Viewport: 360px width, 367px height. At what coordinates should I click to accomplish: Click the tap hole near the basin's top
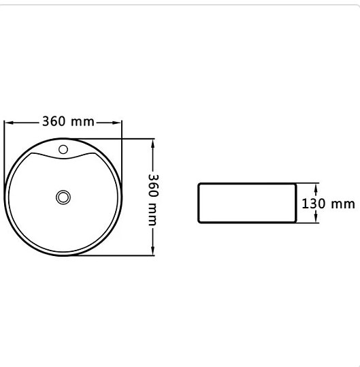(63, 149)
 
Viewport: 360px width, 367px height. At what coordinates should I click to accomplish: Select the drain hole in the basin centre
(63, 197)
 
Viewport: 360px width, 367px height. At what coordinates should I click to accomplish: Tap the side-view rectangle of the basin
(247, 203)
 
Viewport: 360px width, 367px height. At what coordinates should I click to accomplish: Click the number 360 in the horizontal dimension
(54, 122)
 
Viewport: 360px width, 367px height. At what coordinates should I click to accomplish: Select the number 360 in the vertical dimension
(153, 185)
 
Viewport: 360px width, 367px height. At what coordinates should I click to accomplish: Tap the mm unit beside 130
(342, 204)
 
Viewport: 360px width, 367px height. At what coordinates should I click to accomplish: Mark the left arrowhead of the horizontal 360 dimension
(8, 123)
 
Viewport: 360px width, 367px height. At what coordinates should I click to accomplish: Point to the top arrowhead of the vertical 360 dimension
(153, 143)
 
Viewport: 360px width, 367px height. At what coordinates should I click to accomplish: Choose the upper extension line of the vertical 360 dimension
(109, 139)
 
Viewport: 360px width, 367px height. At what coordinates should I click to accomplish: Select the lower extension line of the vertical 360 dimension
(109, 256)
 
